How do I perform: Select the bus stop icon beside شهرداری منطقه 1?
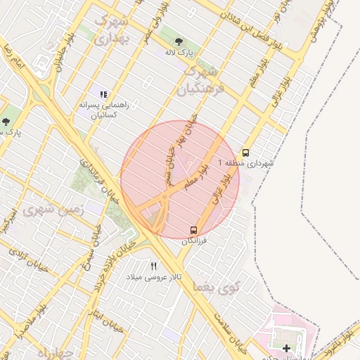click(x=245, y=152)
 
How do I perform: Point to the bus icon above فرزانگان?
click(x=193, y=230)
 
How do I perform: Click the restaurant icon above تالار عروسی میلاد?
click(x=154, y=265)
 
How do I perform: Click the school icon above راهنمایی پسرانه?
click(x=103, y=94)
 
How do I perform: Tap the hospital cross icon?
click(x=286, y=348)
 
